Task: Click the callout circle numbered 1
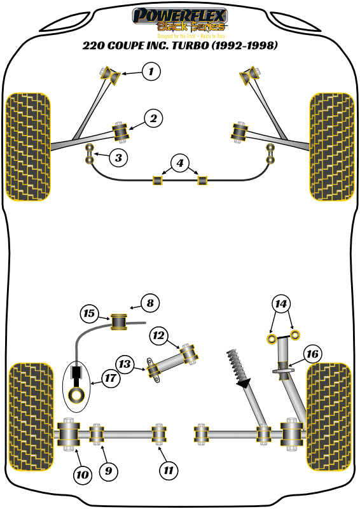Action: coord(151,71)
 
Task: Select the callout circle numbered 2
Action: coord(153,118)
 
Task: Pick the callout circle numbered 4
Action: coord(180,164)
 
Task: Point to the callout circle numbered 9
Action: coord(107,471)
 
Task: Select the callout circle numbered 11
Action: coord(168,471)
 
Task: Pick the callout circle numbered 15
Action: coord(90,313)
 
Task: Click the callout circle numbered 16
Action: coord(312,354)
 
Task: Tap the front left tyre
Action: coord(27,146)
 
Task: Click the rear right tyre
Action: coord(329,416)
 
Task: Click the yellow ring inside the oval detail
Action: coord(78,395)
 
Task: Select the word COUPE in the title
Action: coord(129,46)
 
